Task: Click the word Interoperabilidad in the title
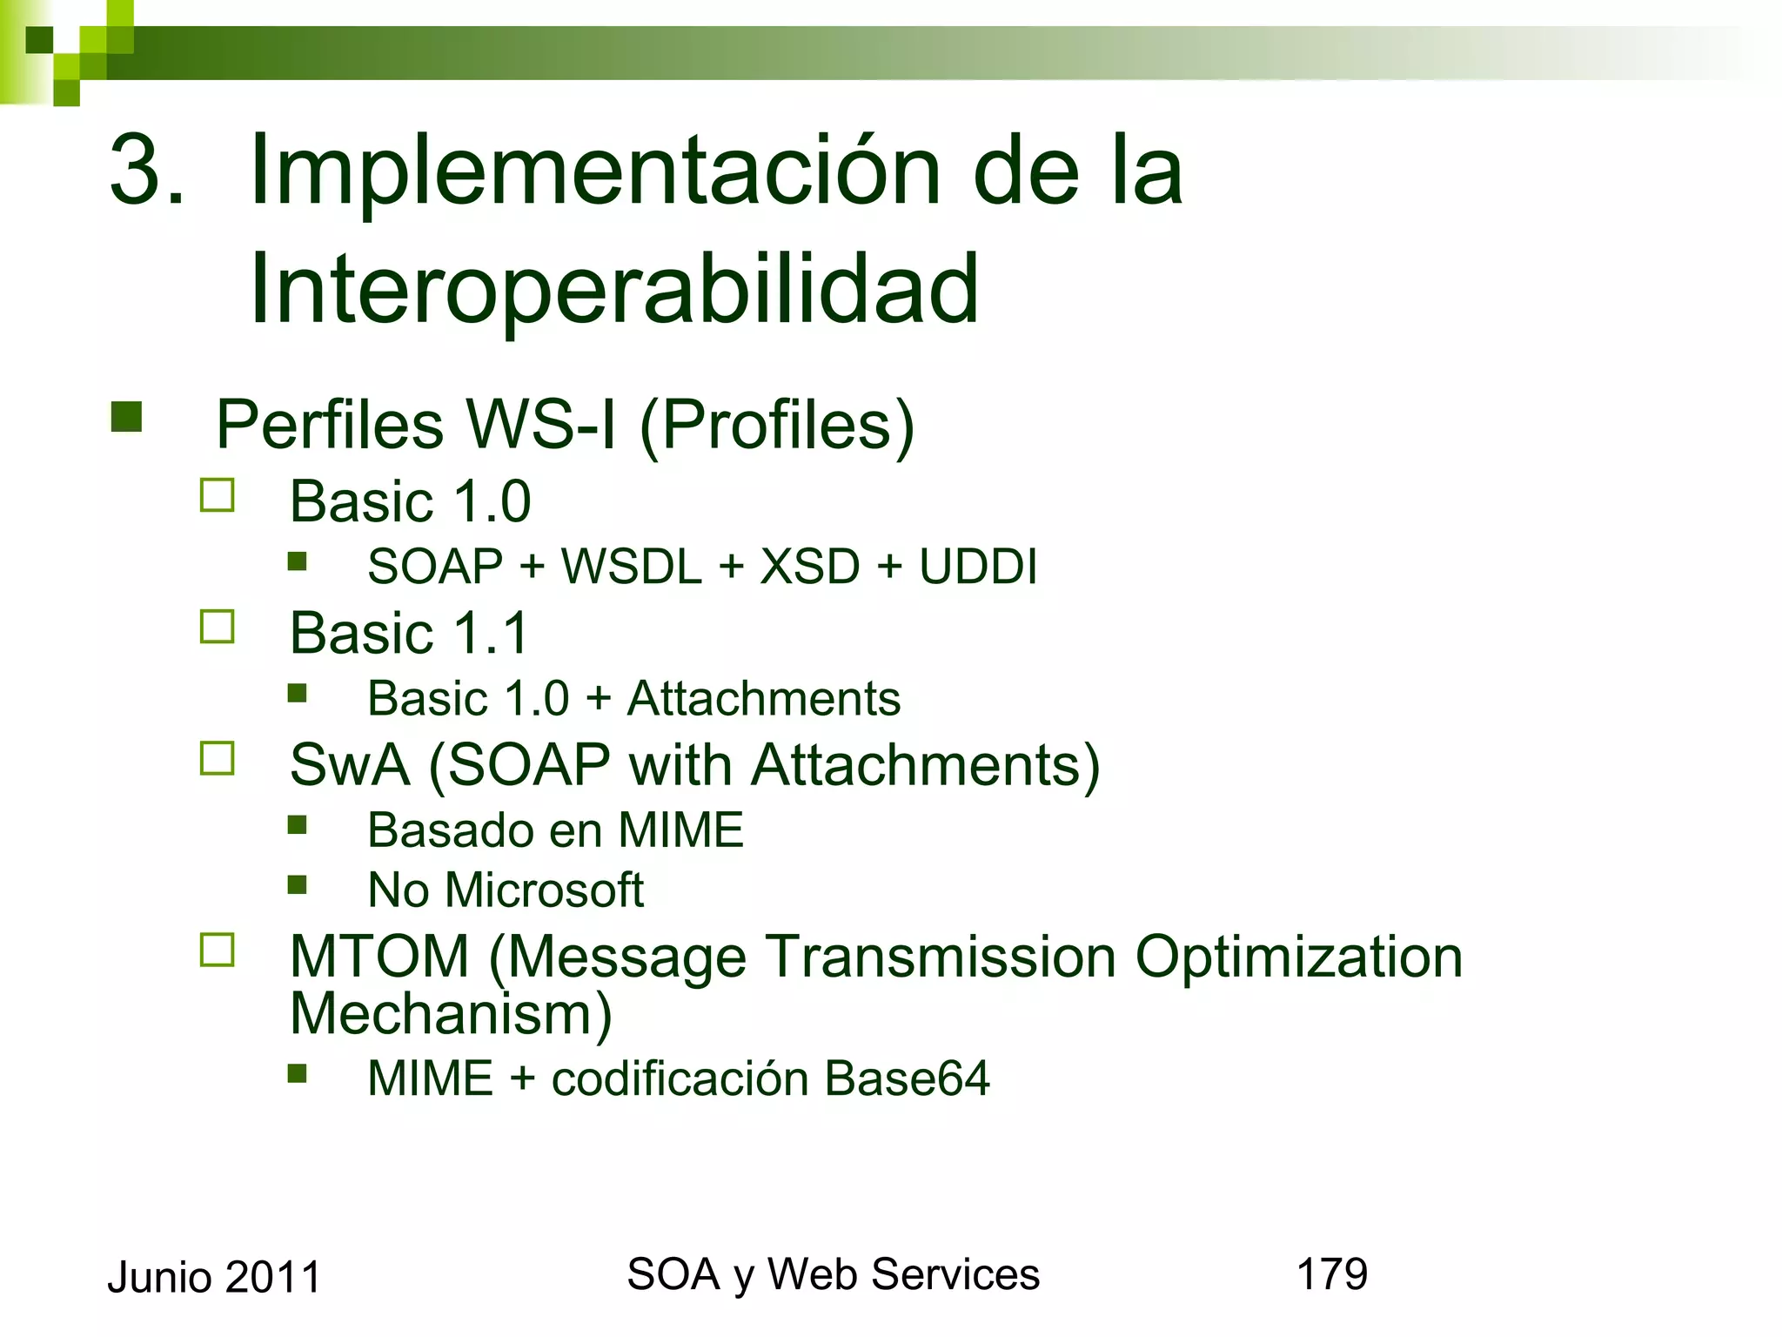coord(614,289)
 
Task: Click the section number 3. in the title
coord(147,171)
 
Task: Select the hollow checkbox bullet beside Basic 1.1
coord(218,627)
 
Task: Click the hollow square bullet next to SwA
coord(218,758)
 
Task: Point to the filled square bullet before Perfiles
coord(127,417)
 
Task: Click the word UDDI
coord(978,567)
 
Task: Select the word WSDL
coord(632,567)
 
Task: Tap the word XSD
coord(810,567)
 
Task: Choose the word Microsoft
coord(545,890)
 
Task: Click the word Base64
coord(907,1078)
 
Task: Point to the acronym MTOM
coord(379,957)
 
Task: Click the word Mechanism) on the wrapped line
coord(451,1014)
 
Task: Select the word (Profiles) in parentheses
coord(777,425)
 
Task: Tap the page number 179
coord(1332,1274)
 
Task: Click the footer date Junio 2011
coord(214,1278)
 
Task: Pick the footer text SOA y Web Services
coord(833,1274)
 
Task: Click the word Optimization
coord(1298,957)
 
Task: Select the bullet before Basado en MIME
coord(298,824)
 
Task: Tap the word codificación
coord(680,1078)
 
